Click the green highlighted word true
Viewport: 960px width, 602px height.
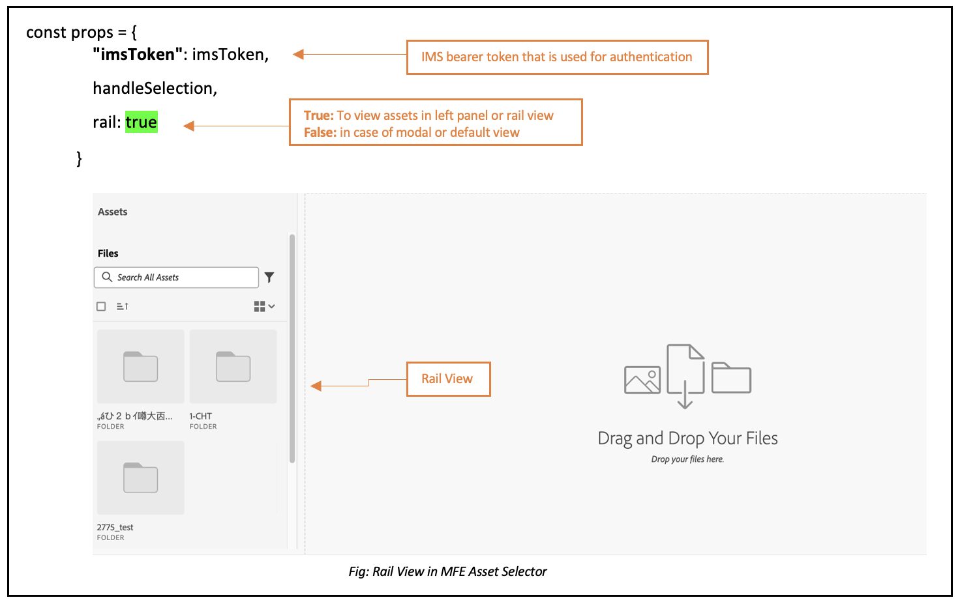pyautogui.click(x=142, y=122)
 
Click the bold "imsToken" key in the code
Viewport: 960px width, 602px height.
pyautogui.click(x=138, y=54)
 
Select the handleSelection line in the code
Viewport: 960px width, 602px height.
pyautogui.click(x=155, y=88)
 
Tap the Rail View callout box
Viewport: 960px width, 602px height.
pyautogui.click(x=448, y=379)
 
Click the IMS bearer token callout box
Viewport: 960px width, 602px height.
pyautogui.click(x=557, y=57)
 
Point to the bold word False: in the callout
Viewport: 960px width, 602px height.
pyautogui.click(x=320, y=132)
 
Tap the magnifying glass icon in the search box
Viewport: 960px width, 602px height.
pyautogui.click(x=107, y=277)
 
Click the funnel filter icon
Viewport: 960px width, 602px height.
pyautogui.click(x=269, y=278)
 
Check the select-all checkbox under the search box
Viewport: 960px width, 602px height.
pyautogui.click(x=101, y=306)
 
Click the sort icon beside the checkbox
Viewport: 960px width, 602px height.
pyautogui.click(x=123, y=306)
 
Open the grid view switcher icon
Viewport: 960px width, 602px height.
pyautogui.click(x=263, y=306)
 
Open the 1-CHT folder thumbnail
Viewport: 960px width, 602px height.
pyautogui.click(x=233, y=367)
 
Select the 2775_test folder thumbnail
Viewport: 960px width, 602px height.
pyautogui.click(x=140, y=478)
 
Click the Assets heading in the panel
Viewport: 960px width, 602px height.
pyautogui.click(x=113, y=212)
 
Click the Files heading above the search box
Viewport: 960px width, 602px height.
pyautogui.click(x=108, y=253)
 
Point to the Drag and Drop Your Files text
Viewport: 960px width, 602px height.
pyautogui.click(x=687, y=438)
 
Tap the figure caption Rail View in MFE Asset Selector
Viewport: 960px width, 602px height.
pyautogui.click(x=447, y=571)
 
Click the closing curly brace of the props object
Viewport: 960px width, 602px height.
pyautogui.click(x=80, y=158)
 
